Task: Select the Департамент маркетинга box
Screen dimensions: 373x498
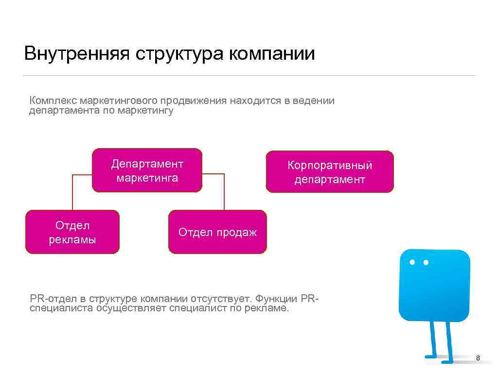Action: [x=147, y=170]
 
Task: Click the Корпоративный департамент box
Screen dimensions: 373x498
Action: [x=330, y=172]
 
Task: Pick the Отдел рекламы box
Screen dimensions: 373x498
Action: [x=72, y=232]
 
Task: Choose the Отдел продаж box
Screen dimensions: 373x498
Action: [x=217, y=232]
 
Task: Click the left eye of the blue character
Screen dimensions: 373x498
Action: [x=412, y=262]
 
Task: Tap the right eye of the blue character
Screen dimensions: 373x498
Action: [x=426, y=262]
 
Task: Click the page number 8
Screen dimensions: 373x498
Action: [x=478, y=358]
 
